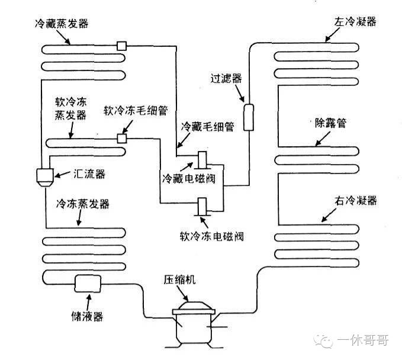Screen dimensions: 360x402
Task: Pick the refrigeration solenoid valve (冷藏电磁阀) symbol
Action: click(202, 161)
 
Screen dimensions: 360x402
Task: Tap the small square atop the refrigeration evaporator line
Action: click(122, 45)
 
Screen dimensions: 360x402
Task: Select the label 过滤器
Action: click(225, 78)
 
